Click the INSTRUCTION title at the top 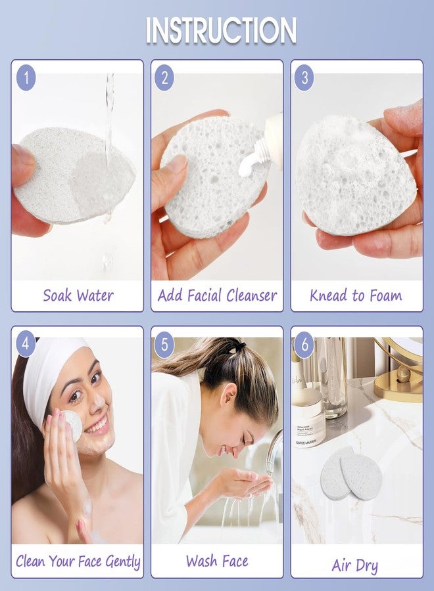221,30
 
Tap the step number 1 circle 26,78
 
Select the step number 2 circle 165,78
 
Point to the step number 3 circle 304,78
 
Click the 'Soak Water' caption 77,295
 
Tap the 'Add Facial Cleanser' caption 217,295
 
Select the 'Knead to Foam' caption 356,295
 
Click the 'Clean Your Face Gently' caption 78,561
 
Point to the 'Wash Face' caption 217,561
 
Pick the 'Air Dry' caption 356,565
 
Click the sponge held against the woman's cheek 71,425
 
